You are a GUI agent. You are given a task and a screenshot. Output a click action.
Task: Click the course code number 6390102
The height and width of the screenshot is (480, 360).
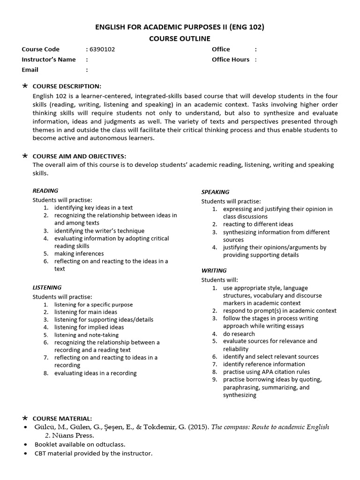tap(102, 49)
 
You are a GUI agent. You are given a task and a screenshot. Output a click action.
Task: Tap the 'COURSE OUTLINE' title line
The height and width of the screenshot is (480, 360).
tap(180, 38)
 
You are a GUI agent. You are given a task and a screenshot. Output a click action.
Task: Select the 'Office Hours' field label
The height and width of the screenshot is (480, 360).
tap(231, 60)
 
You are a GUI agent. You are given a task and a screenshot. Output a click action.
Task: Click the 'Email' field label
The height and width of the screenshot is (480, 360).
tap(30, 70)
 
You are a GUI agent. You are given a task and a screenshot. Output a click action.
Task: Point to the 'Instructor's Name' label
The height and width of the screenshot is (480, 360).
tap(49, 60)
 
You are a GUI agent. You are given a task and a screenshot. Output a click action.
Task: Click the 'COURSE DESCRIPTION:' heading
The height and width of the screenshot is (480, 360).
tap(67, 86)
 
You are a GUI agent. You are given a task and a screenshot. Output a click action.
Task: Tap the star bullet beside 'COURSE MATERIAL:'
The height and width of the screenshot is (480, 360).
tap(25, 418)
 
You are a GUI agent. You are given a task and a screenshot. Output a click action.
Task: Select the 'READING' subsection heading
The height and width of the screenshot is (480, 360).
tap(45, 191)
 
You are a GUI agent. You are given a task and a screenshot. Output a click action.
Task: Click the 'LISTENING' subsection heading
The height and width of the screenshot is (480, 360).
tap(47, 287)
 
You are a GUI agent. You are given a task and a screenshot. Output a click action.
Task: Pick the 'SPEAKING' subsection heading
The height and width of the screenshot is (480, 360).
tap(215, 192)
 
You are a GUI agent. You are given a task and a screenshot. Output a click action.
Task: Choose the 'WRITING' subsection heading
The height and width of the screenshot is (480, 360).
tap(214, 270)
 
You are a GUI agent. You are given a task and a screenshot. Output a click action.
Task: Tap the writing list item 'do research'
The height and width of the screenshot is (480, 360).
tap(239, 334)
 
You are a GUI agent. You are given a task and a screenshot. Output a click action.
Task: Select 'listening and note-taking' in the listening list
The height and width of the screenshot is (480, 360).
tap(86, 335)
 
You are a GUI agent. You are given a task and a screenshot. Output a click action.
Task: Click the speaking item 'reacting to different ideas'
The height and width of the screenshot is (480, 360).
tap(258, 225)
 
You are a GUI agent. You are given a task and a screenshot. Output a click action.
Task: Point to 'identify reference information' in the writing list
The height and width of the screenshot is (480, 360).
tap(264, 364)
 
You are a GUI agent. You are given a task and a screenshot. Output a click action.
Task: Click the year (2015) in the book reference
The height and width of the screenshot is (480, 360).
tap(198, 427)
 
